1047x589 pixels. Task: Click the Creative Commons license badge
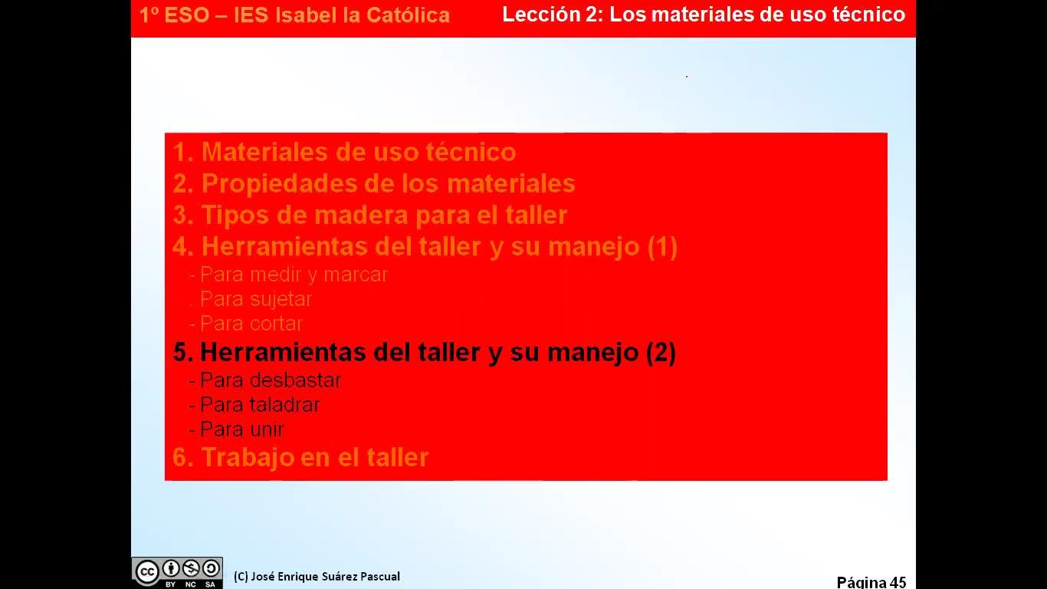[177, 573]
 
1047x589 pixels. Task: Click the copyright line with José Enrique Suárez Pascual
[317, 577]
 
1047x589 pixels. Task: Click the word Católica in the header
[408, 15]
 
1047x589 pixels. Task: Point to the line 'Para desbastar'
[265, 380]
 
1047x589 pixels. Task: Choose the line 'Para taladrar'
[254, 405]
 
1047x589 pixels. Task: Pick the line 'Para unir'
[237, 429]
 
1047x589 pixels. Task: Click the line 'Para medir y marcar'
[289, 275]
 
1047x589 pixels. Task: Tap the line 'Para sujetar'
[251, 299]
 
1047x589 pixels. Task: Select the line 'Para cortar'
[246, 324]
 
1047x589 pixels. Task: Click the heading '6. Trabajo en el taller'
[300, 457]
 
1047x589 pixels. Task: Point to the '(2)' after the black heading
[661, 352]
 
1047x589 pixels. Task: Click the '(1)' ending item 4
[662, 246]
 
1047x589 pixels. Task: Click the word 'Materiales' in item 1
[264, 152]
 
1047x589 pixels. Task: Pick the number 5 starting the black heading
[180, 352]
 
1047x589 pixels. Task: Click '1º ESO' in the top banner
[174, 15]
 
